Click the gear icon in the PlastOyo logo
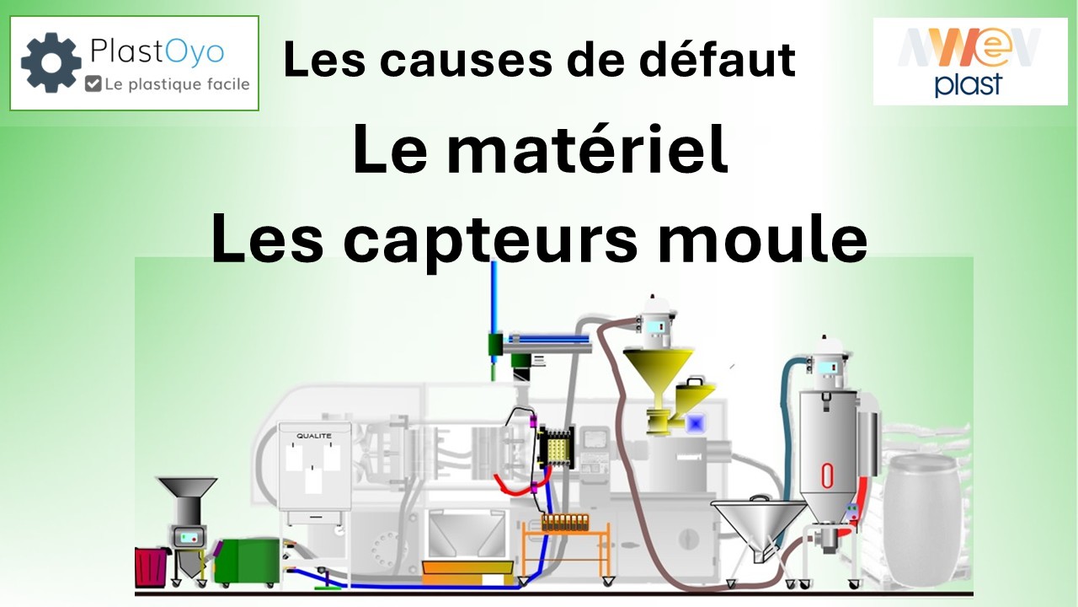tap(51, 62)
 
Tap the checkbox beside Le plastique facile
tap(93, 83)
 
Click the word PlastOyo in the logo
tap(157, 52)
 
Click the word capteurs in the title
tap(490, 239)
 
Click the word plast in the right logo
tap(968, 85)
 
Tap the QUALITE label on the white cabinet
tap(314, 436)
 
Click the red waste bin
tap(151, 567)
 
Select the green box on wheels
tap(247, 561)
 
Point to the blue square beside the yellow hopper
tap(696, 423)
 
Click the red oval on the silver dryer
tap(827, 475)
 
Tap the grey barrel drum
tap(921, 520)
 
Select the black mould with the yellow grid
tap(558, 447)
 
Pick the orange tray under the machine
tap(467, 573)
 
